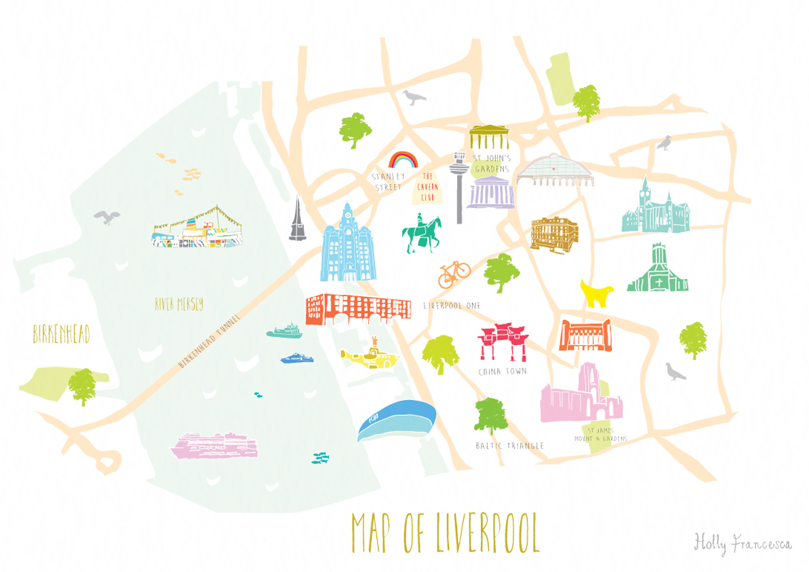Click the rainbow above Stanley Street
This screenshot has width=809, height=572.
click(x=401, y=160)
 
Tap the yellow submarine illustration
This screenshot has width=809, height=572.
click(x=369, y=354)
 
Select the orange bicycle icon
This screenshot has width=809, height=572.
click(x=454, y=273)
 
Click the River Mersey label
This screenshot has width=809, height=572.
click(x=179, y=304)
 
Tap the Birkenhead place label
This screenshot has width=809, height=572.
click(x=61, y=334)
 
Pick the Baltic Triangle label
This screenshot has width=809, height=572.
click(x=510, y=446)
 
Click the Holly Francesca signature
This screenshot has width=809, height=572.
click(x=742, y=543)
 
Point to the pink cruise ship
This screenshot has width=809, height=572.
click(x=216, y=445)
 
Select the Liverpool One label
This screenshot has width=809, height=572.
click(x=452, y=306)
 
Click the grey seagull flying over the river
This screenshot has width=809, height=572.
click(x=107, y=217)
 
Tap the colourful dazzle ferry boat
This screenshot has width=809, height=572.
click(x=196, y=230)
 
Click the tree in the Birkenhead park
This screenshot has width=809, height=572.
click(x=82, y=385)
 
